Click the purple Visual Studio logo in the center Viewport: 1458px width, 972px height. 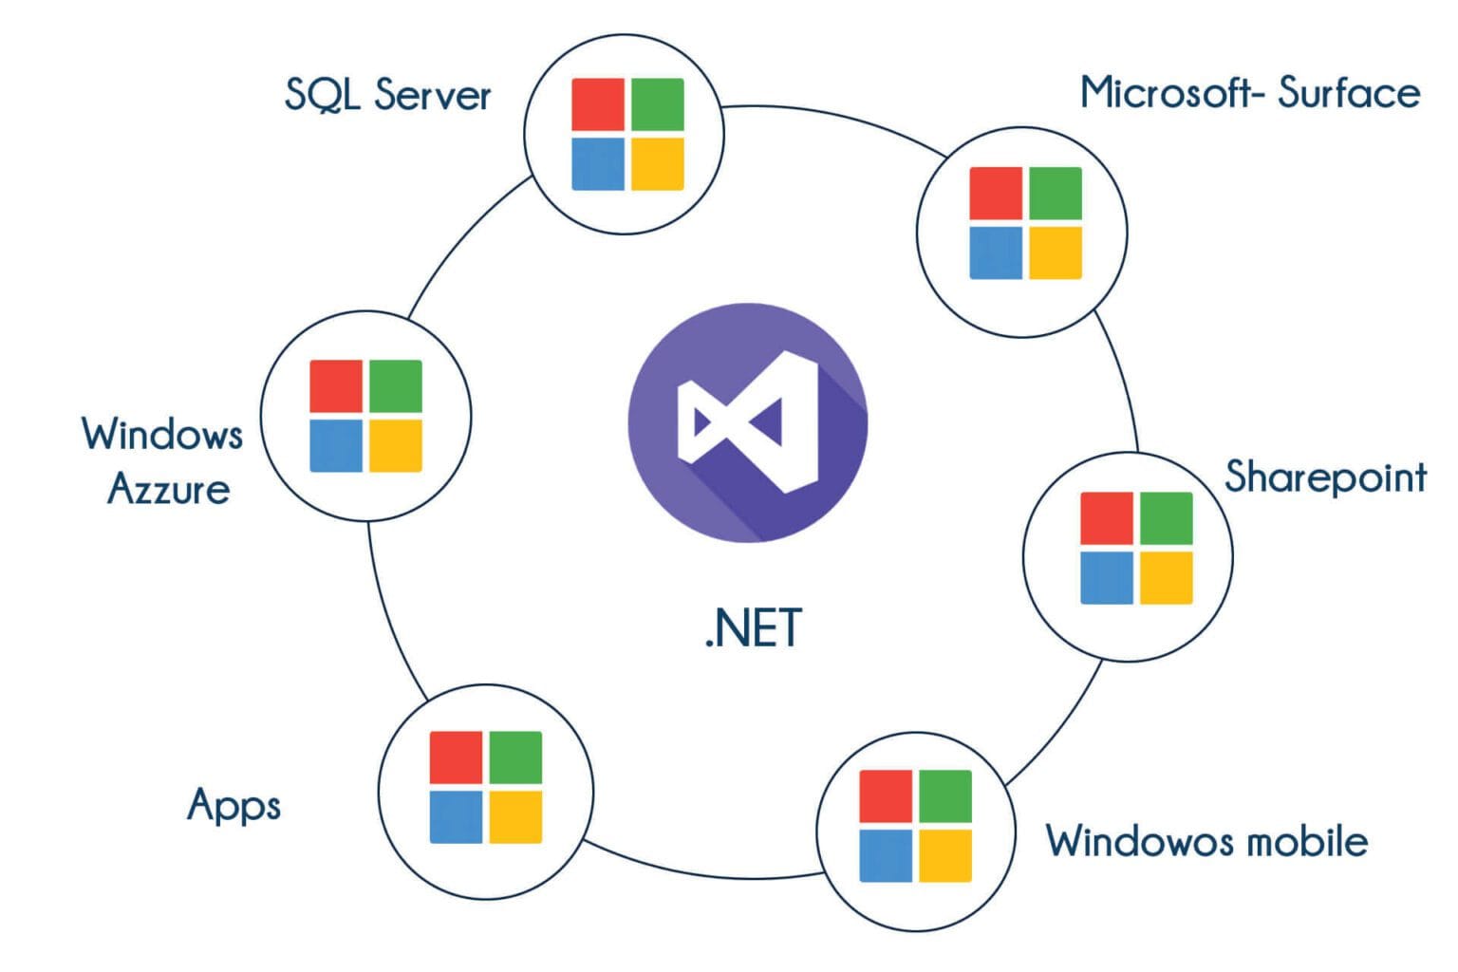point(747,422)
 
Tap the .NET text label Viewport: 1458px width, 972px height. point(753,628)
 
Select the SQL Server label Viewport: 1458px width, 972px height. point(387,95)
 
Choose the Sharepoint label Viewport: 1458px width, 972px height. point(1325,477)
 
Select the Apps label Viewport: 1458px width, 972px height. point(234,806)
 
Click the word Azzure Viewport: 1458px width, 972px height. point(169,490)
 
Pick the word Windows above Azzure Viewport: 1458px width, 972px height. point(162,435)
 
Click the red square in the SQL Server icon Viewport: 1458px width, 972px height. point(598,104)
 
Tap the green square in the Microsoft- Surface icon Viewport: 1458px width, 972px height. point(1055,194)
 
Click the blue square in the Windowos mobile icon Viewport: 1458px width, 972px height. point(886,855)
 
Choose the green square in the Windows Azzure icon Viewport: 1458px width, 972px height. point(395,386)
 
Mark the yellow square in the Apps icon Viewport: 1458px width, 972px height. point(514,816)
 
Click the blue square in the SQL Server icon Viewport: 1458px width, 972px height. point(598,164)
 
